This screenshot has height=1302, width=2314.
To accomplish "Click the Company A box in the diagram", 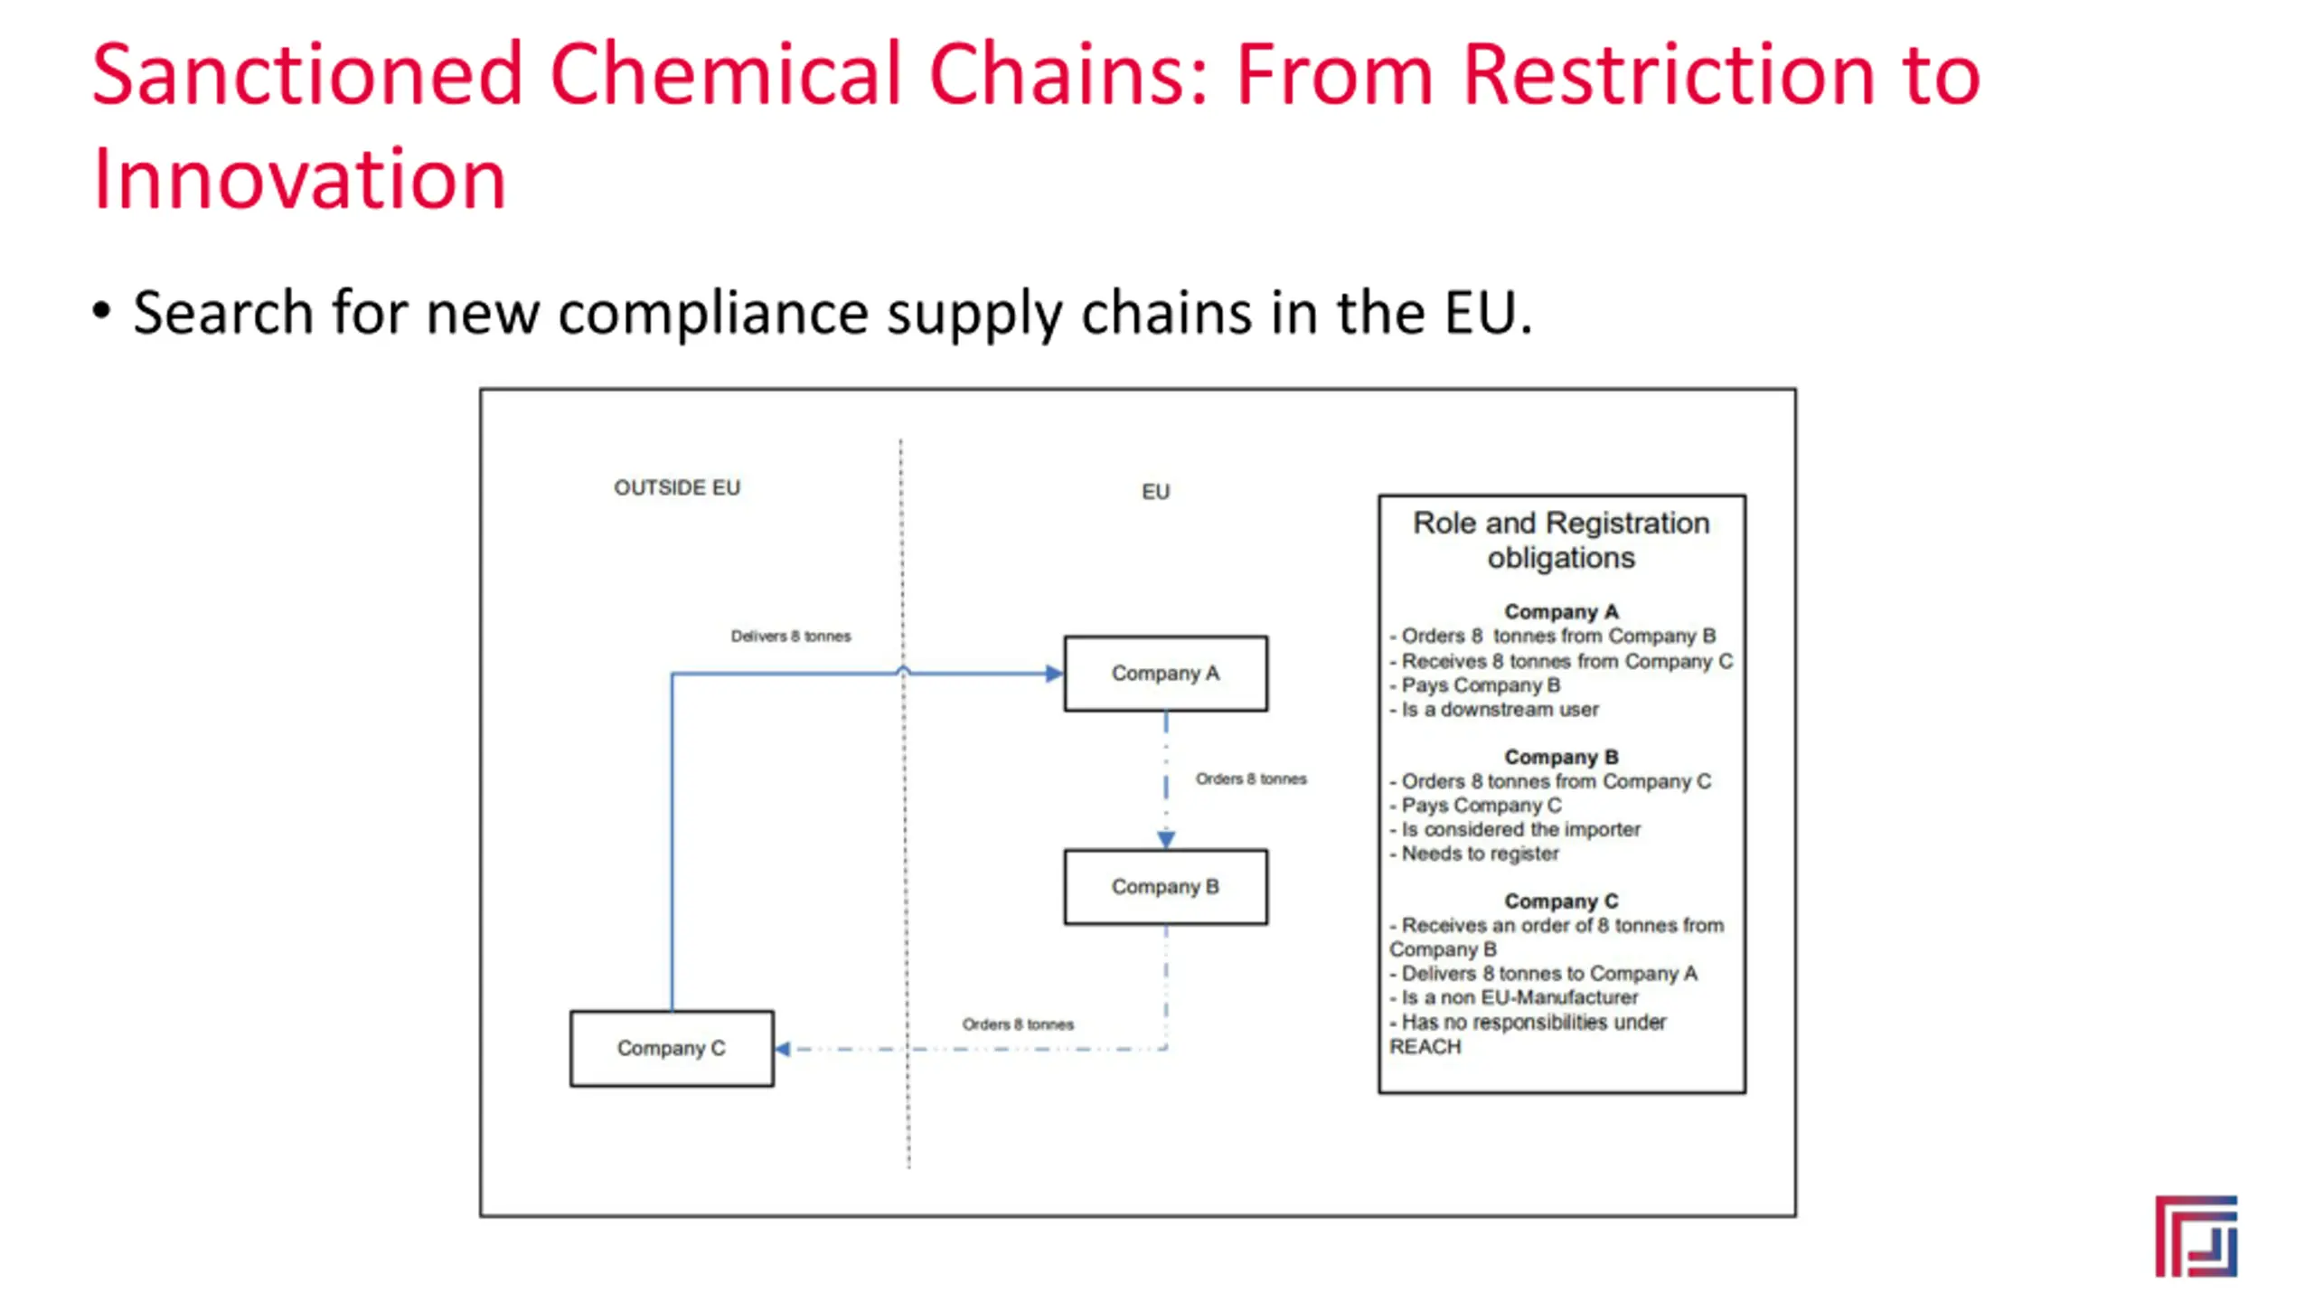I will coord(1165,674).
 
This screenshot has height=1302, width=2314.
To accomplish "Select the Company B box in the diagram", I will coord(1165,887).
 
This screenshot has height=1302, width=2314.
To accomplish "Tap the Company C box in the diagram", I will coord(672,1048).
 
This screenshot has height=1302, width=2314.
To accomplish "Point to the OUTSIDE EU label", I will coord(677,488).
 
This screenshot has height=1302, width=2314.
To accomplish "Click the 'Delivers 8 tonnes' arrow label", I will coord(791,637).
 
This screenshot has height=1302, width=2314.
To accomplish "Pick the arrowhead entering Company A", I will coord(1054,674).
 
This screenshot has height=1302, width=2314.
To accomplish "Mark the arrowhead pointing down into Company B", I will coord(1166,840).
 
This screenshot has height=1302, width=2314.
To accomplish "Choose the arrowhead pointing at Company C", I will coord(784,1049).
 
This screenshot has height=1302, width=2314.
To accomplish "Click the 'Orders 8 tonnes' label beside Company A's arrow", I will coord(1251,779).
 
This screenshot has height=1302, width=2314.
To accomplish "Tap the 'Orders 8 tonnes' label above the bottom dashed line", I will coord(1018,1024).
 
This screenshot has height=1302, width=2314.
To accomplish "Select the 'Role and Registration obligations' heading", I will coord(1561,540).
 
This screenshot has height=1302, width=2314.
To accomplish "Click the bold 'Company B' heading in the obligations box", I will coord(1561,757).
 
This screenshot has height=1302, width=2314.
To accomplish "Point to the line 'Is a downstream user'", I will coord(1500,710).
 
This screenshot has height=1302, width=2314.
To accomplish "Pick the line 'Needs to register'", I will coord(1480,854).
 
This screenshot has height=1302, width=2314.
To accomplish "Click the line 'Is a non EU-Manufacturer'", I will coord(1519,997).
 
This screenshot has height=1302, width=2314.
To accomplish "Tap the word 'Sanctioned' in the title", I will coord(307,74).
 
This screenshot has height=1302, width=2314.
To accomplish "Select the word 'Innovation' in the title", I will coord(299,179).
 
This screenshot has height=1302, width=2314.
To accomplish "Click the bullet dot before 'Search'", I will coord(101,310).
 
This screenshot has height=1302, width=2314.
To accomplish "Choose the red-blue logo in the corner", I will coord(2196,1236).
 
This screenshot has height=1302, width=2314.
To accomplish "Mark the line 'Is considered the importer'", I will coord(1520,829).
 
